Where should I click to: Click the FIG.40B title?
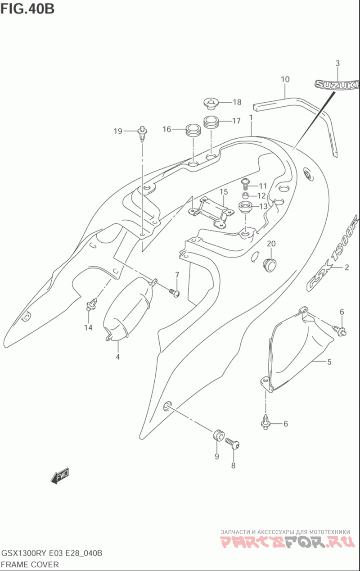pyautogui.click(x=27, y=9)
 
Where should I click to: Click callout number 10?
pyautogui.click(x=285, y=79)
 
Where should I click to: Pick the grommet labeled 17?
pyautogui.click(x=211, y=122)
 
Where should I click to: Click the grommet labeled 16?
pyautogui.click(x=193, y=131)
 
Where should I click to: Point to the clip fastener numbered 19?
pyautogui.click(x=142, y=134)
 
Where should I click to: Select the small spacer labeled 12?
pyautogui.click(x=245, y=196)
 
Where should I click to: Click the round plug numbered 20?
pyautogui.click(x=269, y=265)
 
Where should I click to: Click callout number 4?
pyautogui.click(x=118, y=357)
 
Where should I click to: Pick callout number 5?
pyautogui.click(x=329, y=362)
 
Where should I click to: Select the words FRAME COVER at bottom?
pyautogui.click(x=30, y=565)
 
